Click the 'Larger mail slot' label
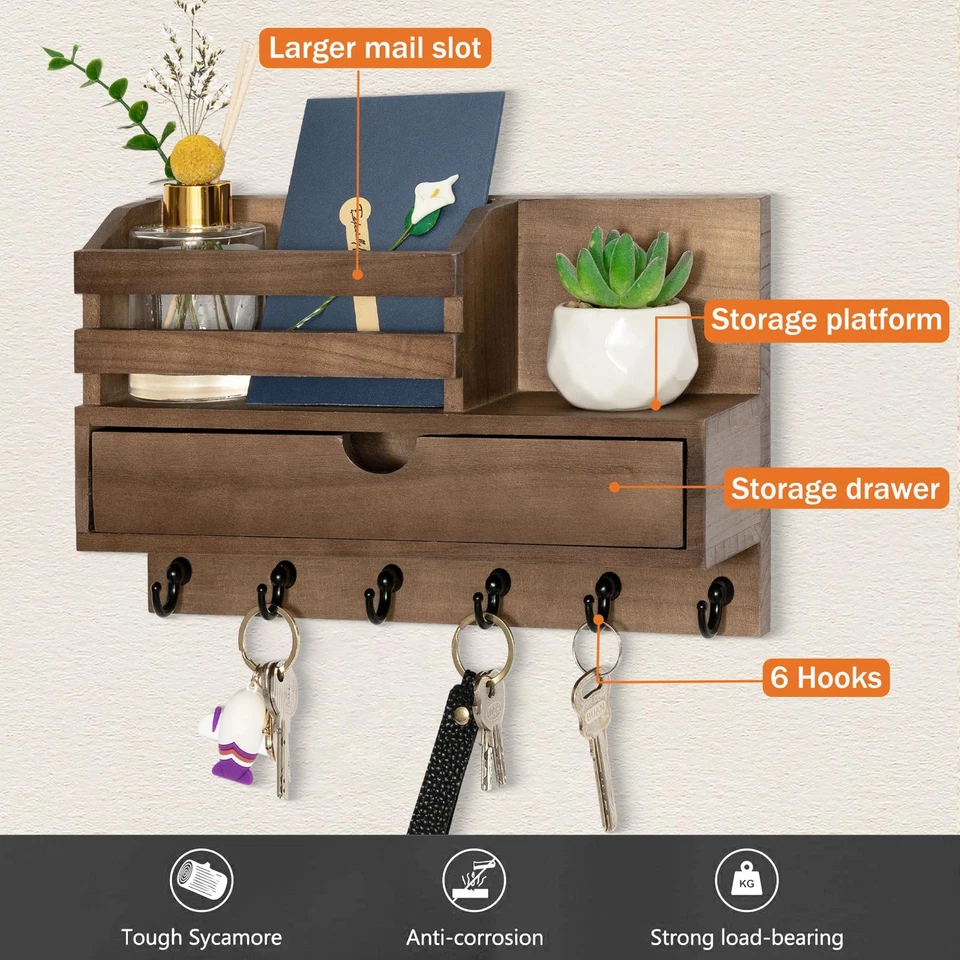coord(375,47)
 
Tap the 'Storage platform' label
coord(826,320)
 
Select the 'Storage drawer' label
coord(835,489)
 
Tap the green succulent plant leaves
coord(624,267)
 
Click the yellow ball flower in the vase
coord(197,160)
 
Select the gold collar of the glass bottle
coord(197,205)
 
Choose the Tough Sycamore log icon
coord(201,880)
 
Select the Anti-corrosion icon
coord(474,880)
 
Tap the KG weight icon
coord(746,880)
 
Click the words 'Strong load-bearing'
coord(746,938)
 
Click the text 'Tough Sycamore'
coord(201,938)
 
